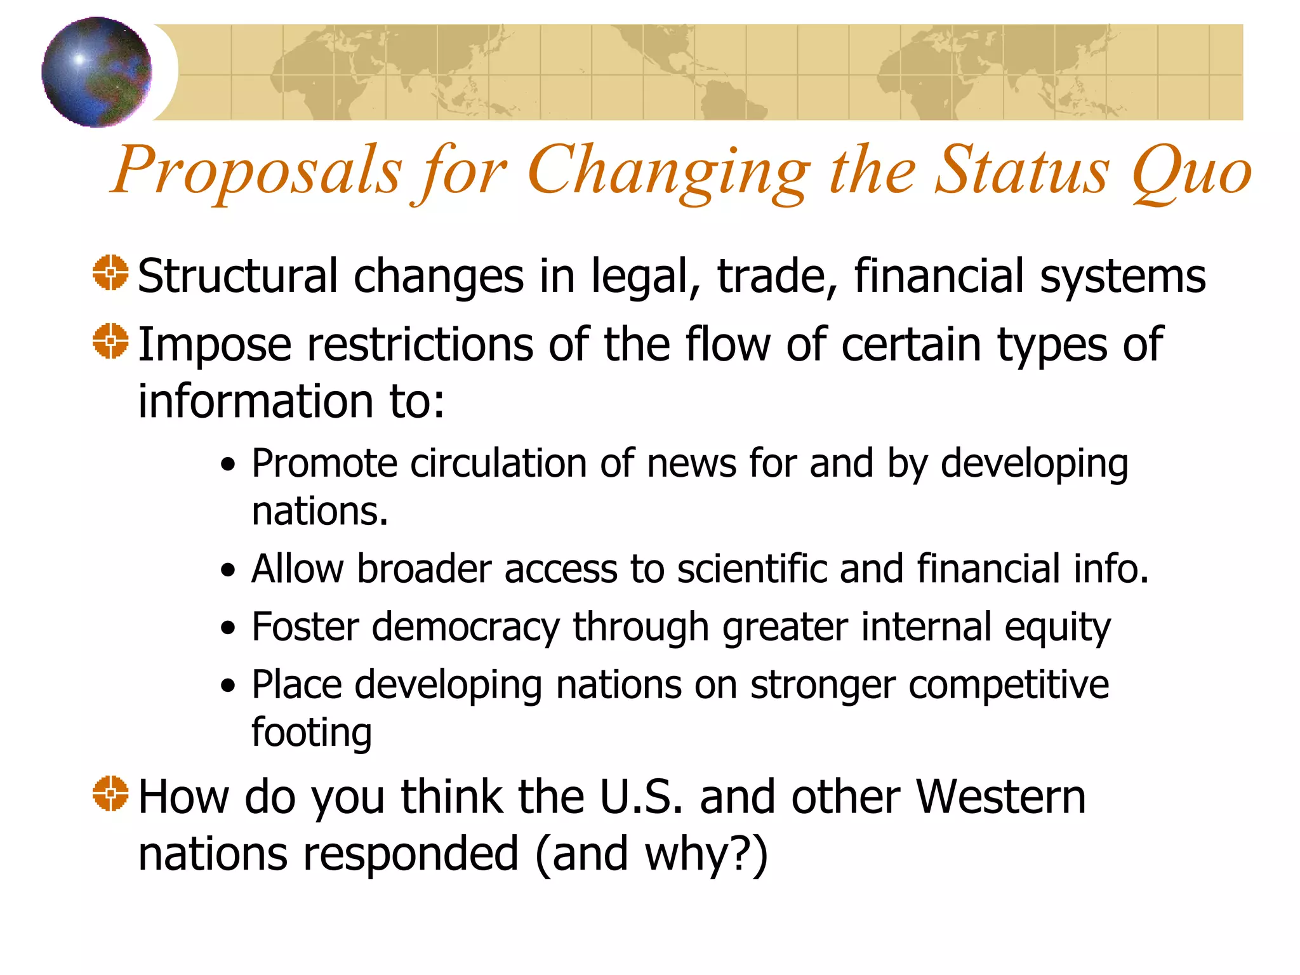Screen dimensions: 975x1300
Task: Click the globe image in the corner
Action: click(x=96, y=72)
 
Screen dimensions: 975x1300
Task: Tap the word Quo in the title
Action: click(x=1191, y=171)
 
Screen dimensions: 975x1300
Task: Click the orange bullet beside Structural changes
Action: click(x=110, y=273)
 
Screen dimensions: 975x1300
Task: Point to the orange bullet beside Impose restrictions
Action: click(x=110, y=341)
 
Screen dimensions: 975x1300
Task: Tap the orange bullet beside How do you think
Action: click(x=110, y=793)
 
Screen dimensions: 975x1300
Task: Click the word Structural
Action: click(x=237, y=276)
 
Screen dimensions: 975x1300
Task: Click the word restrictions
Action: click(x=421, y=344)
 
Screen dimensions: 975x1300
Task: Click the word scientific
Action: click(x=752, y=568)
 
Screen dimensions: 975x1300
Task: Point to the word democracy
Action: click(x=465, y=628)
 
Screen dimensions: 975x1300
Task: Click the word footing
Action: click(x=311, y=733)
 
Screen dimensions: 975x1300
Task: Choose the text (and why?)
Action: click(x=651, y=854)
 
